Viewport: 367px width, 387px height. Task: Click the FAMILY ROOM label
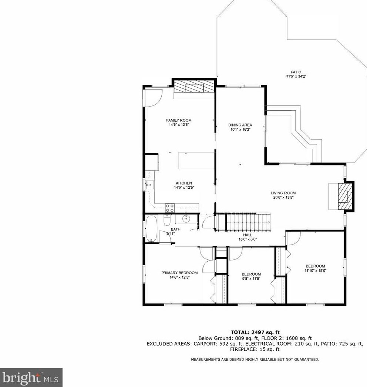click(179, 120)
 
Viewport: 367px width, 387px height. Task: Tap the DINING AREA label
click(240, 125)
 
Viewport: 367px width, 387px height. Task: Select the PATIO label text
click(296, 72)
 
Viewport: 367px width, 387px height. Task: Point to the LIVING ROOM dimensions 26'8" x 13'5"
click(283, 198)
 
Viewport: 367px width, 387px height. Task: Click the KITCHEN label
click(184, 183)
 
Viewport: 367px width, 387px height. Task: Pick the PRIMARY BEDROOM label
click(179, 273)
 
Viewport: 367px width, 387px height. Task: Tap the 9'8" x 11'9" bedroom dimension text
click(251, 278)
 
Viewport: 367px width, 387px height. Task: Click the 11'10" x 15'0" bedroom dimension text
click(316, 270)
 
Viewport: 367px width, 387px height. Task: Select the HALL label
click(248, 235)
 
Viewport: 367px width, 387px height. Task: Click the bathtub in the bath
click(151, 229)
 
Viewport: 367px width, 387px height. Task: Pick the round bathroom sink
click(186, 219)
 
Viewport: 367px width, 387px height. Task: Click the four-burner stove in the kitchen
click(170, 208)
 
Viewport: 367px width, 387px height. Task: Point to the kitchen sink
click(149, 185)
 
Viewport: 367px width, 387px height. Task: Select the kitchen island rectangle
click(196, 161)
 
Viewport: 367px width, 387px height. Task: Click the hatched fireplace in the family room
click(194, 86)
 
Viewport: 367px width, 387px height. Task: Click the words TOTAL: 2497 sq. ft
click(255, 333)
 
